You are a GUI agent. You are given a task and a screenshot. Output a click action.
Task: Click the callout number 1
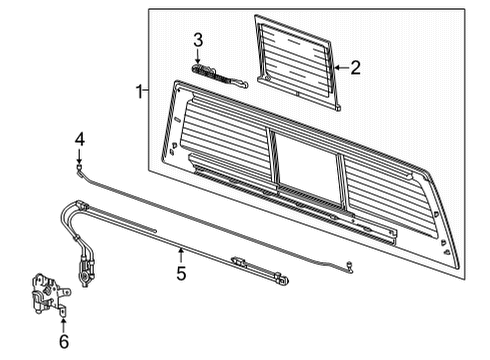[x=140, y=91]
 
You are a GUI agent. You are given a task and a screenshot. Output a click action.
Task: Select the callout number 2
[x=355, y=67]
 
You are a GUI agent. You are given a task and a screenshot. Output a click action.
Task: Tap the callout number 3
[x=198, y=40]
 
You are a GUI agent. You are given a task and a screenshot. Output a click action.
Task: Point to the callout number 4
[x=79, y=139]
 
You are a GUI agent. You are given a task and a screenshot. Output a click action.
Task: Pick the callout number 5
[x=181, y=273]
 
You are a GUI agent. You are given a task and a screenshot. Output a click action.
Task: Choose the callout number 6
[x=63, y=341]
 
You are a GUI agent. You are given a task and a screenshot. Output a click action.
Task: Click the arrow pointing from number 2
[x=341, y=68]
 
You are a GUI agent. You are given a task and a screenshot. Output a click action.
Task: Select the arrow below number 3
[x=198, y=56]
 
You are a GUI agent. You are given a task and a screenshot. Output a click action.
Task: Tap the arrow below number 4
[x=79, y=156]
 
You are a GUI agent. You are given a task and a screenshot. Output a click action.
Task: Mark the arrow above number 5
[x=181, y=256]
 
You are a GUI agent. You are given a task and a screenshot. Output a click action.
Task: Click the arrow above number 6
[x=63, y=325]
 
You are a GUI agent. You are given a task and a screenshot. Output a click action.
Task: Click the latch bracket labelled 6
[x=49, y=294]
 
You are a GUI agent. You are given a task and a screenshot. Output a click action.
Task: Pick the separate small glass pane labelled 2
[x=297, y=62]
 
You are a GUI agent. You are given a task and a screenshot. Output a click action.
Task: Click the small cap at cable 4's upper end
[x=79, y=168]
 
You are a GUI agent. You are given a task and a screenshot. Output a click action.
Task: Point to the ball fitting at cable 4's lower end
[x=350, y=265]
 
